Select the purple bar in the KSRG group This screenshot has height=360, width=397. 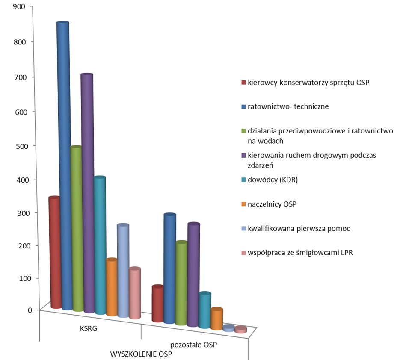coord(87,192)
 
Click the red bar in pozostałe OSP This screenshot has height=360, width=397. coord(158,304)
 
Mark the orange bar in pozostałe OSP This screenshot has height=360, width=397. coord(217,319)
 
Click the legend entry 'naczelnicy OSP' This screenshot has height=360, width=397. coord(272,204)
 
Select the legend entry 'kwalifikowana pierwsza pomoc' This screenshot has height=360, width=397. coord(299,229)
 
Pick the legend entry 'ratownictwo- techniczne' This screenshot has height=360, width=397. coord(288,106)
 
